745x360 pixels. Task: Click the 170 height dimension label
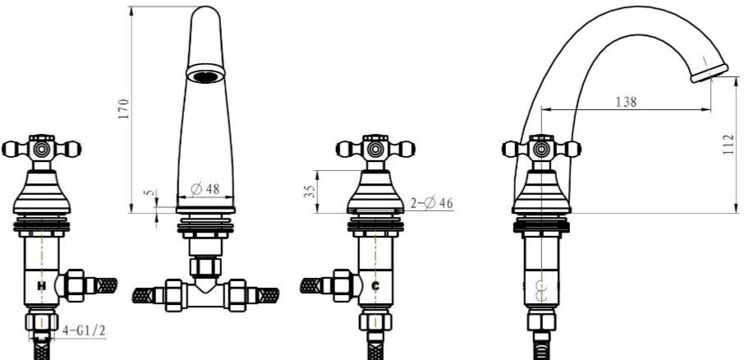(124, 108)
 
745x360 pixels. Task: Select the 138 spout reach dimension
(626, 101)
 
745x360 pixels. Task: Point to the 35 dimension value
(310, 192)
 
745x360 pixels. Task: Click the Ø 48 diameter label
(205, 189)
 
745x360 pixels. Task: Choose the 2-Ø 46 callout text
(431, 204)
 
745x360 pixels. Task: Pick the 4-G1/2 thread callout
(84, 331)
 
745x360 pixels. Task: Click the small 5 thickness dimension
(151, 193)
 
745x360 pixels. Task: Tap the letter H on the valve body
(42, 286)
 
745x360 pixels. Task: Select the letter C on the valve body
(375, 286)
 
